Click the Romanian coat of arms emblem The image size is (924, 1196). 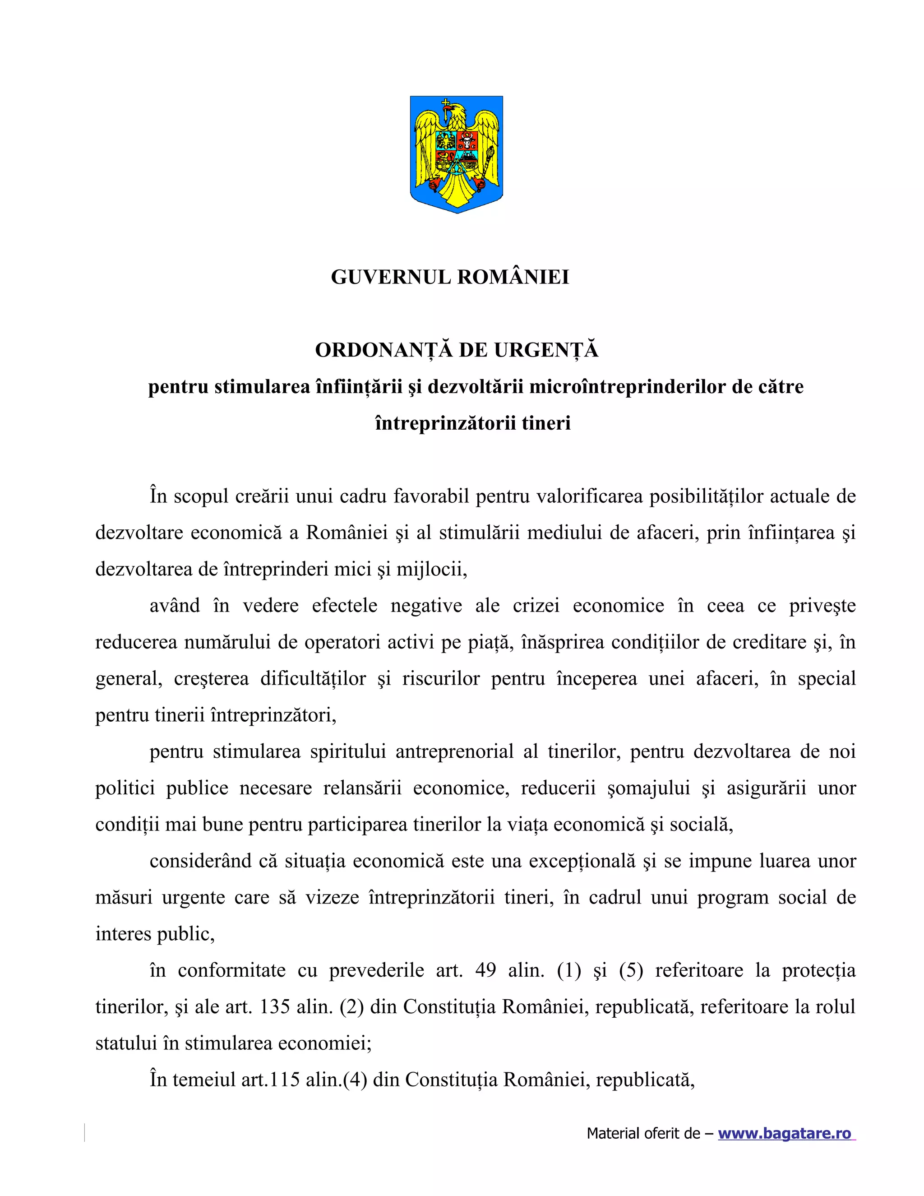[x=456, y=154]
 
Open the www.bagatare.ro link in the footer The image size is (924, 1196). [x=785, y=1133]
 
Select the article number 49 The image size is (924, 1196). [x=485, y=970]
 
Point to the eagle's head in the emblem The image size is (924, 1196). [x=456, y=114]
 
